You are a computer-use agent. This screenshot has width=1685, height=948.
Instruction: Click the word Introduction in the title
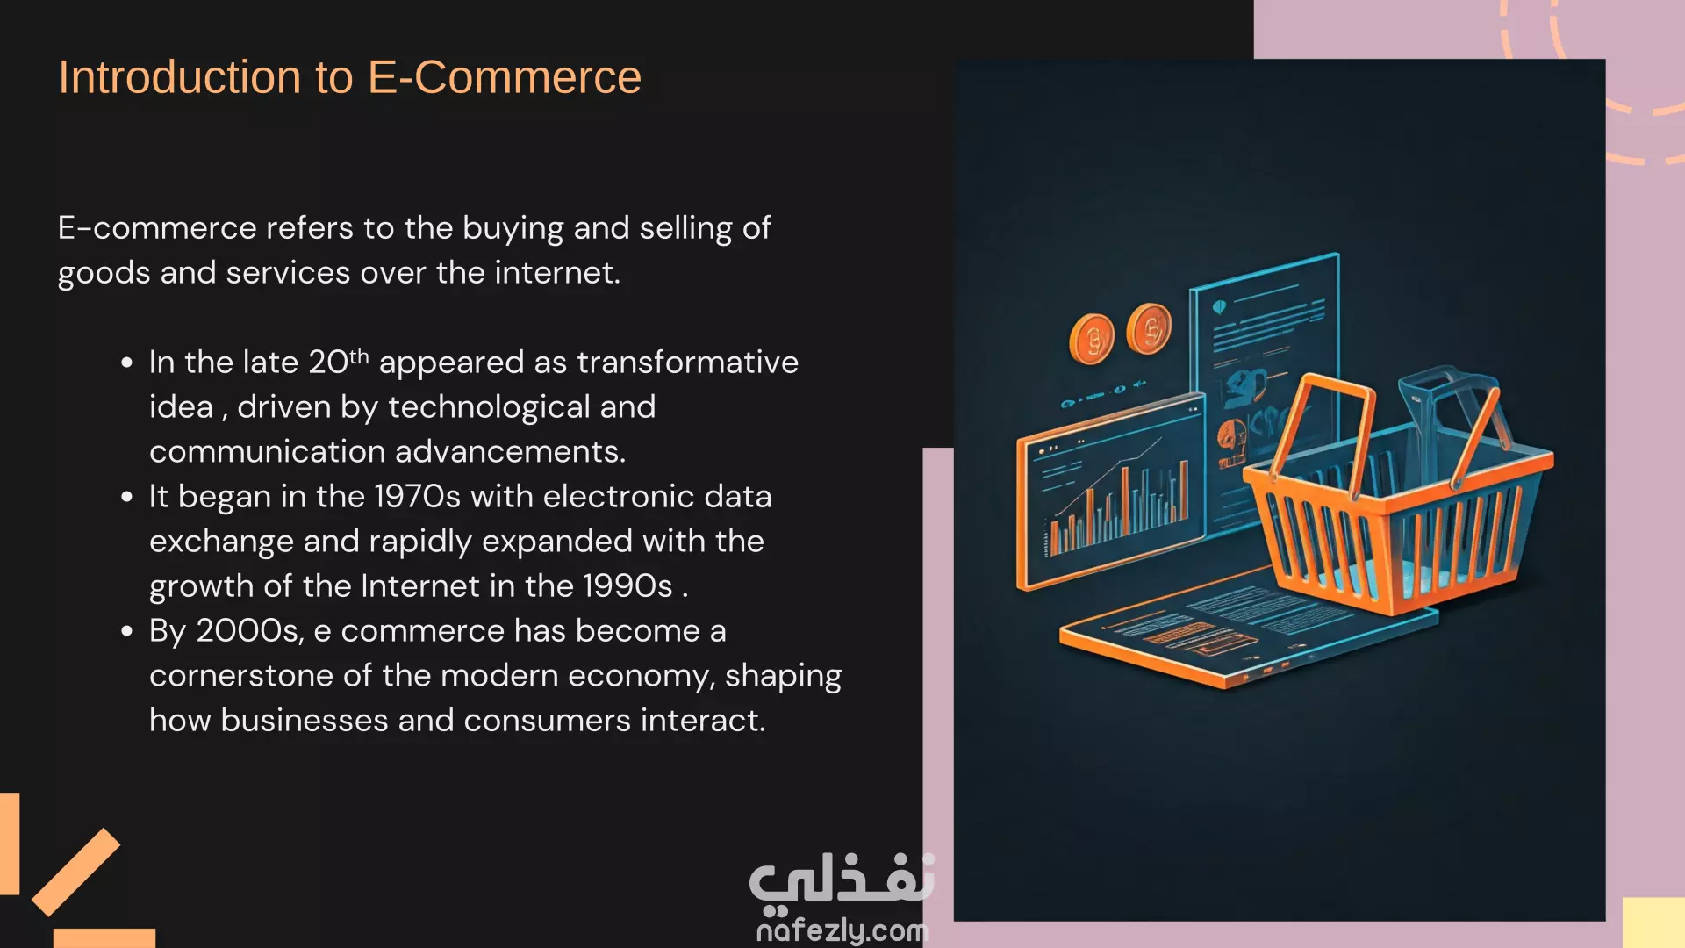[179, 77]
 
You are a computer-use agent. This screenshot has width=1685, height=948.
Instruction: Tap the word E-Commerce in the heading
[505, 77]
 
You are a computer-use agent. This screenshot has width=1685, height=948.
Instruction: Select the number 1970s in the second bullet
[417, 497]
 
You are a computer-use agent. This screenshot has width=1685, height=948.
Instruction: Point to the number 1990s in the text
[628, 586]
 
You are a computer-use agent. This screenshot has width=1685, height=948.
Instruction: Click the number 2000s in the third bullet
[249, 631]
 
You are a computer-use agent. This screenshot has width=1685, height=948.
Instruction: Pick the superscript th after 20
[359, 355]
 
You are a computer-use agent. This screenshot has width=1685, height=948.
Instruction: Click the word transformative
[688, 363]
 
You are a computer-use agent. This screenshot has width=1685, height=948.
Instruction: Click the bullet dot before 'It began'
[127, 497]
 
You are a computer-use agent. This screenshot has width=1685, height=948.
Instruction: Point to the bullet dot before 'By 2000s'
[127, 631]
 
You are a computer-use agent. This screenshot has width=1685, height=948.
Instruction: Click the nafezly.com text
[842, 930]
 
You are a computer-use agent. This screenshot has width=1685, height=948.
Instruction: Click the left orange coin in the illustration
[1092, 339]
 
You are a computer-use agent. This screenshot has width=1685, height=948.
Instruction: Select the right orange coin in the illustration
[1149, 329]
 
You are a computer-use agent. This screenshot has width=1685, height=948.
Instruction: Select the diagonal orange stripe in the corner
[76, 872]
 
